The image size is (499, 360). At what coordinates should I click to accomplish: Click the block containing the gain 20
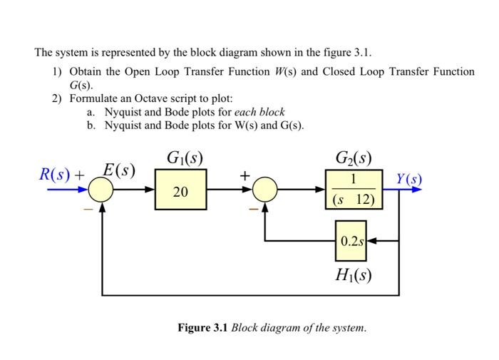[181, 190]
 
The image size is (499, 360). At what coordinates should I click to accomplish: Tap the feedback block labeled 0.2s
[351, 241]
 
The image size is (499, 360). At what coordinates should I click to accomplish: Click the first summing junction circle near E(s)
[102, 190]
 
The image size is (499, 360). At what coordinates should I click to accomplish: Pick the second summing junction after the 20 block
[265, 190]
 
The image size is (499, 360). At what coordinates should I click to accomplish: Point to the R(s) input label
[56, 174]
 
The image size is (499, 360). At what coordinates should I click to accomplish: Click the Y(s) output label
[409, 178]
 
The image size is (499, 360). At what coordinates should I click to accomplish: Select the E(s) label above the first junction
[118, 170]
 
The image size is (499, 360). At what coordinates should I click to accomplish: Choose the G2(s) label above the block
[354, 158]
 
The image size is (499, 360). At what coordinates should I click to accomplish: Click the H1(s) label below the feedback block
[353, 274]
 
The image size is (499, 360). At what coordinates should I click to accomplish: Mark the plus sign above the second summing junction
[245, 175]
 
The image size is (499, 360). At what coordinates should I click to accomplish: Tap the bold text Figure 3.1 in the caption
[203, 328]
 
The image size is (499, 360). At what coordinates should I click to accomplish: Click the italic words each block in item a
[260, 112]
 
